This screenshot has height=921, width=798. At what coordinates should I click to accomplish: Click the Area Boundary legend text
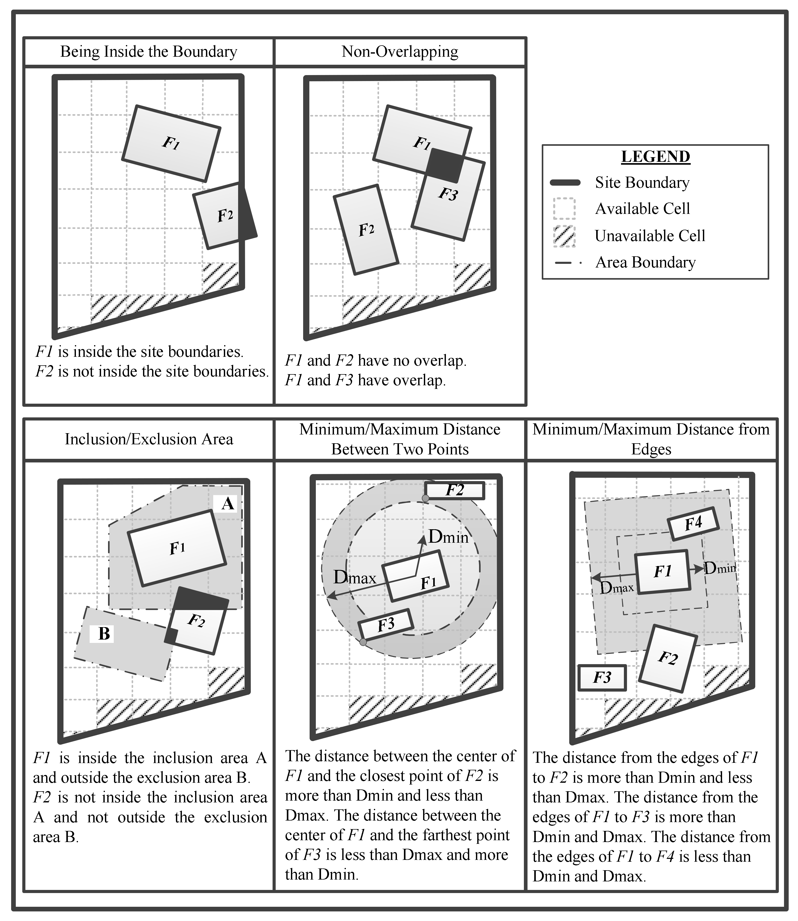click(645, 263)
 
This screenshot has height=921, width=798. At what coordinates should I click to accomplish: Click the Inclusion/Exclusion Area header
click(149, 439)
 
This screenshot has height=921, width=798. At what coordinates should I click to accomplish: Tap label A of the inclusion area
click(227, 504)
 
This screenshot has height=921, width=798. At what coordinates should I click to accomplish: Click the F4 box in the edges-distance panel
click(693, 524)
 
